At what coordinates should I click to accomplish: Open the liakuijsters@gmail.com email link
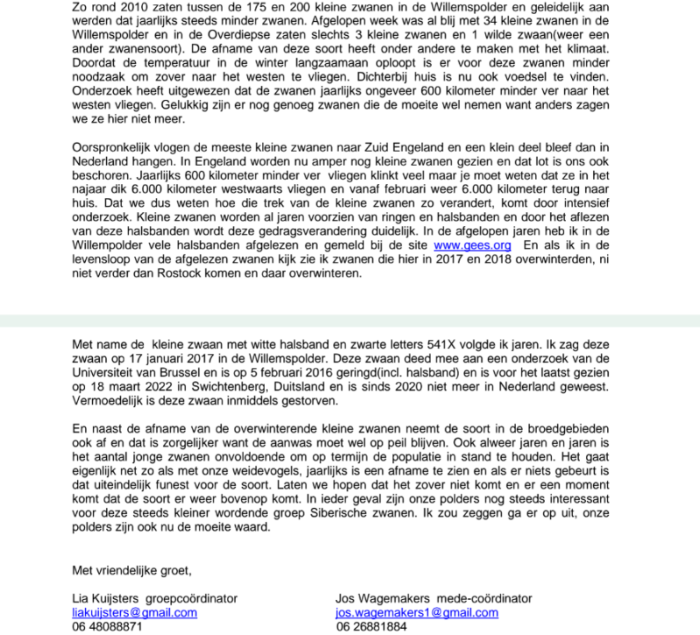tap(134, 613)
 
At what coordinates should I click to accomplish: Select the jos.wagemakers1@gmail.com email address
tap(416, 613)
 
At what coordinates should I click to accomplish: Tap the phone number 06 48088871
tap(107, 627)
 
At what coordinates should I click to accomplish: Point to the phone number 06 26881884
tap(371, 627)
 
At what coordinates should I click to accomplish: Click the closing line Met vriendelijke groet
tap(131, 571)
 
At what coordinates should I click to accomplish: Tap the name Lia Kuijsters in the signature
tap(106, 599)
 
